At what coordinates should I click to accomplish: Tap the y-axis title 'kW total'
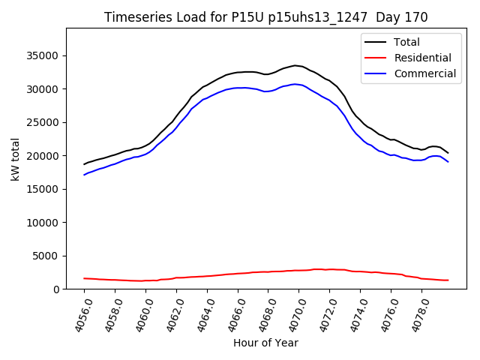point(15,159)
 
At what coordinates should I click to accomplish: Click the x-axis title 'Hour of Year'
point(266,343)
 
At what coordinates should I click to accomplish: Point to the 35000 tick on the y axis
point(43,55)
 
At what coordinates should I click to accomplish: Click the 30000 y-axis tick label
point(43,89)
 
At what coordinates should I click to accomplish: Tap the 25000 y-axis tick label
point(43,122)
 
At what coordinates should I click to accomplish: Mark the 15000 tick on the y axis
point(43,189)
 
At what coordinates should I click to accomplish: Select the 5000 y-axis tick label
point(46,256)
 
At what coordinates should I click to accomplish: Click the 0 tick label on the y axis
point(57,289)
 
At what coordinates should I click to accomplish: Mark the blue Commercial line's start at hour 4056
point(85,175)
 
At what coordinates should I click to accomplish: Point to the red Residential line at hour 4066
point(238,274)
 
